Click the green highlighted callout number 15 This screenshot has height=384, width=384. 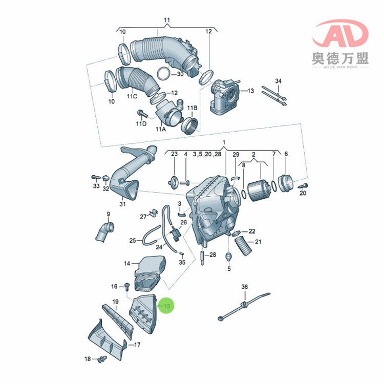[x=166, y=306]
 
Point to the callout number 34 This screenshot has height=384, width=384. [x=278, y=81]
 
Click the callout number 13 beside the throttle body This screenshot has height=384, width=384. [x=250, y=91]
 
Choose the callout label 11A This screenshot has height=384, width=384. [x=161, y=130]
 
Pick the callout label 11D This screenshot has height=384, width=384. [x=141, y=124]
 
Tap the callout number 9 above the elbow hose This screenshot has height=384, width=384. [x=108, y=214]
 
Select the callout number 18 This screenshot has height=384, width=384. [x=88, y=358]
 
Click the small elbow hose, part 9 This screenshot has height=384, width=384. [x=103, y=231]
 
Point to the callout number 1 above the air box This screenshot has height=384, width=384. [x=224, y=141]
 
